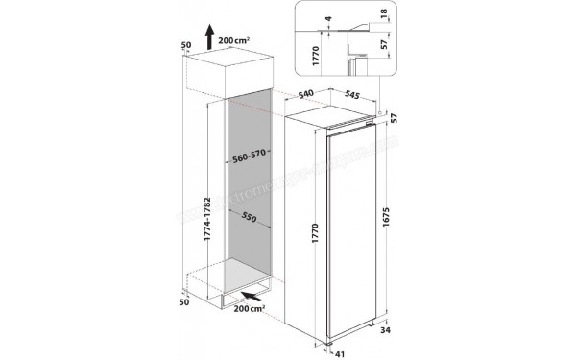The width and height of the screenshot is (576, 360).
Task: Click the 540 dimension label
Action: [x=305, y=95]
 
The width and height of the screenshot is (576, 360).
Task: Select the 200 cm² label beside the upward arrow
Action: [x=237, y=42]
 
